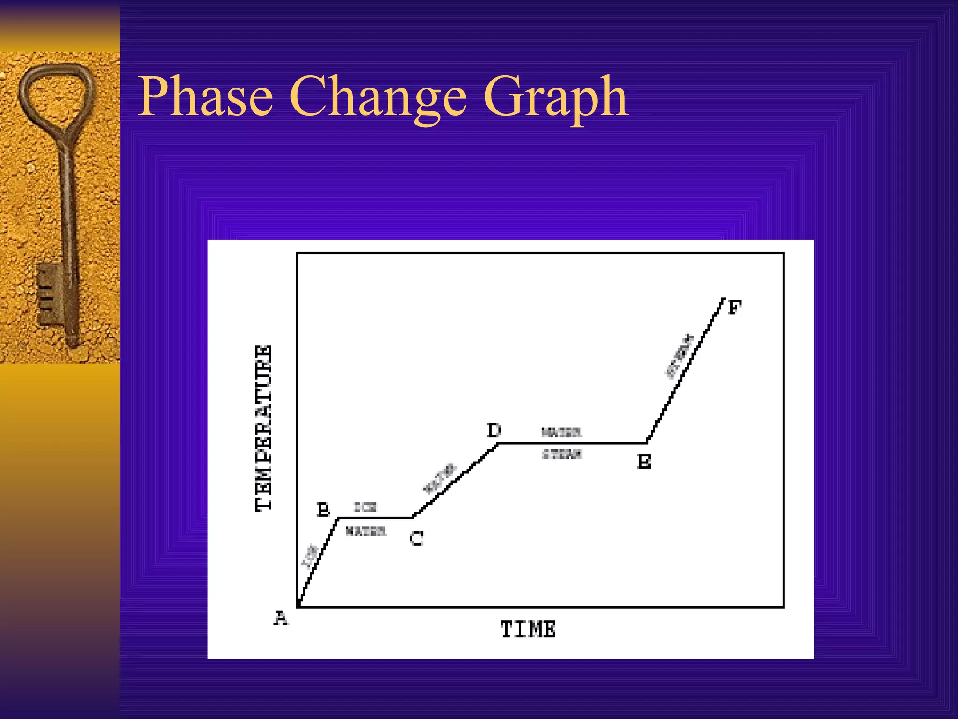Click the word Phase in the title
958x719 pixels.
(206, 97)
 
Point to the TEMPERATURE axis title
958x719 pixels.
(264, 428)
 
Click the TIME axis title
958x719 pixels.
(528, 629)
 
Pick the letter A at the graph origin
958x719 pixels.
(281, 618)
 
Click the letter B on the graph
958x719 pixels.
(323, 509)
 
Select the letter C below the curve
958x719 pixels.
(416, 538)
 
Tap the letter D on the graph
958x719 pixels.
(494, 430)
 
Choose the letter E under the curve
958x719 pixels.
(644, 462)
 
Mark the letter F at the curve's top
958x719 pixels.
(735, 308)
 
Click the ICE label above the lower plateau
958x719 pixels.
(365, 507)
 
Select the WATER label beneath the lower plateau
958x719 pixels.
(366, 531)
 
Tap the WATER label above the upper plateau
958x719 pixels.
(561, 433)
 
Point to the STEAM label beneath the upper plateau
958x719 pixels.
(561, 454)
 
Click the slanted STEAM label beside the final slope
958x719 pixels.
(680, 356)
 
